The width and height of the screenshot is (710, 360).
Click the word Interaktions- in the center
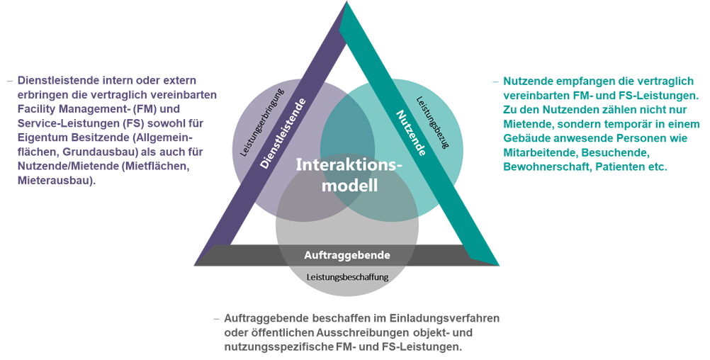[x=348, y=165]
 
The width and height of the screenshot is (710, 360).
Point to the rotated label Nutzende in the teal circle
[x=410, y=133]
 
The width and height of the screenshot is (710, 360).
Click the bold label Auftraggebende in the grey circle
[x=347, y=254]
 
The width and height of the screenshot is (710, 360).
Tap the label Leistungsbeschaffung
[x=347, y=277]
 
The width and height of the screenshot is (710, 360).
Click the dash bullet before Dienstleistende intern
[x=9, y=81]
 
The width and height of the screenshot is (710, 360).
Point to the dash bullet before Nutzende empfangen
[x=495, y=81]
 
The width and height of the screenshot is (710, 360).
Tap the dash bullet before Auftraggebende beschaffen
[x=216, y=318]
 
